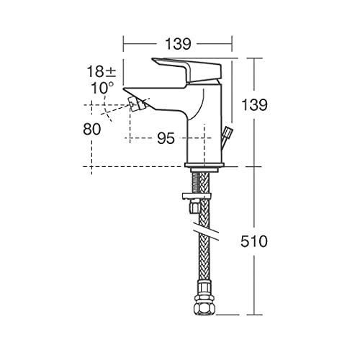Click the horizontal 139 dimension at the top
(x=178, y=44)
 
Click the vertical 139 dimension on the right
(x=254, y=105)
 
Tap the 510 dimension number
(x=254, y=241)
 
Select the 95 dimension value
(x=166, y=138)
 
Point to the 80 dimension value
(x=92, y=130)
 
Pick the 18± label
(x=102, y=71)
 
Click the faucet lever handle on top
(x=187, y=70)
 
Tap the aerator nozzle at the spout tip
(x=138, y=104)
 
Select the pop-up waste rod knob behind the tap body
(x=228, y=132)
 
